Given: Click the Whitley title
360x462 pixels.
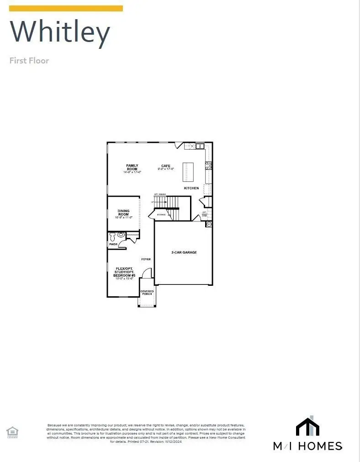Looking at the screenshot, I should tap(60, 32).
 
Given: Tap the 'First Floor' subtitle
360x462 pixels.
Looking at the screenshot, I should tap(29, 60).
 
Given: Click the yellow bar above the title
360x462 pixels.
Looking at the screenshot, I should tap(66, 8).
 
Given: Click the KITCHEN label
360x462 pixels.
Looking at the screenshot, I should tap(191, 188).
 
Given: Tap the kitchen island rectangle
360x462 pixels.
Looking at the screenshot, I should tap(188, 173).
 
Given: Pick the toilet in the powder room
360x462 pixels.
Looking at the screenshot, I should tap(113, 236).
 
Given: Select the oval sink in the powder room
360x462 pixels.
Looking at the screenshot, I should tap(121, 235).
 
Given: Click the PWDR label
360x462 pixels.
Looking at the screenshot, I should tap(113, 245).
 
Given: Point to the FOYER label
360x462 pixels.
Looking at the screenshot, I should tap(146, 259).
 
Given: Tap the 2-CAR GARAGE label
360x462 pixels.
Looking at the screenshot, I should tap(184, 252).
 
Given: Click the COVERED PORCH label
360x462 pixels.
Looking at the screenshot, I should tap(147, 293).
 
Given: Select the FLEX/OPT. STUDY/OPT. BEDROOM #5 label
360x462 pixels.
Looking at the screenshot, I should tap(124, 273).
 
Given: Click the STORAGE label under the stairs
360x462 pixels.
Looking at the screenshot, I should tap(161, 214).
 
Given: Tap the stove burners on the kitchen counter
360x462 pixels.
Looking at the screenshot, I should tap(208, 166).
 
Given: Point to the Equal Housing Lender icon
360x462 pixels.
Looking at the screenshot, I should tap(12, 431).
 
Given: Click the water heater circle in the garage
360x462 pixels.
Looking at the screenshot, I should tap(209, 224).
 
